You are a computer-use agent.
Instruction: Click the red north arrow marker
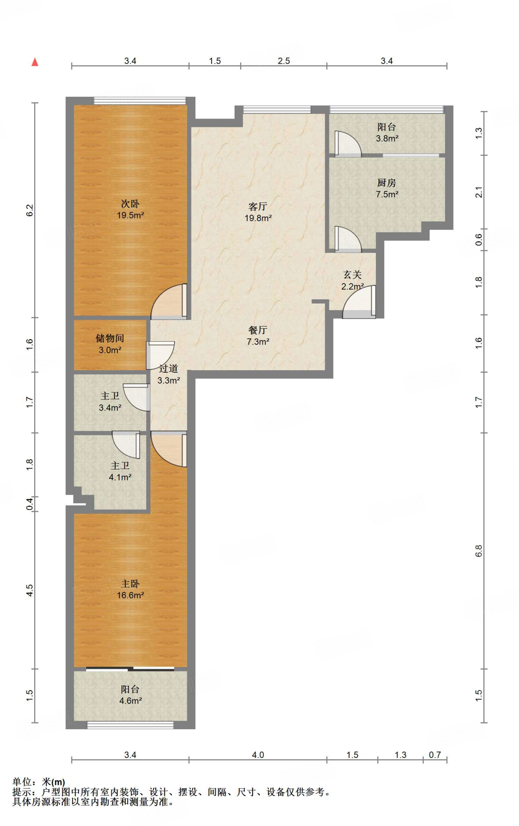tap(35, 62)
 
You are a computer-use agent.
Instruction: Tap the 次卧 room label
tap(130, 204)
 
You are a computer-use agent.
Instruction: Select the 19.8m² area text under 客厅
tap(258, 218)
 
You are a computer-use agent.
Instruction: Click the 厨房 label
tap(386, 183)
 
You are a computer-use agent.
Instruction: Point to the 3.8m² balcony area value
tap(387, 138)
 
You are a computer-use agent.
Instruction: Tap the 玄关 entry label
tap(352, 275)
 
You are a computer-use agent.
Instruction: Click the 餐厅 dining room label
tap(258, 330)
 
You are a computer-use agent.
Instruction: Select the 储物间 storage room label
tap(110, 338)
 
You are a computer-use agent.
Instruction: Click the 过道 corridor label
tap(168, 369)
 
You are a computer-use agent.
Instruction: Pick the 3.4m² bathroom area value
tap(110, 408)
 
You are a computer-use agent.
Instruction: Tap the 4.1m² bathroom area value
tap(120, 477)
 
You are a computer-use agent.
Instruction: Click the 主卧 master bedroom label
tap(130, 584)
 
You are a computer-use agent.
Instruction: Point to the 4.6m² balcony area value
tap(130, 701)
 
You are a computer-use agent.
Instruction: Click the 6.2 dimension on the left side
tap(30, 210)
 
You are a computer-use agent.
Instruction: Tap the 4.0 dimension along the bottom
tap(258, 755)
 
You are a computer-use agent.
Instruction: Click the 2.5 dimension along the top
tap(284, 61)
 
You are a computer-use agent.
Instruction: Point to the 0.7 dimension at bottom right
tap(435, 755)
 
